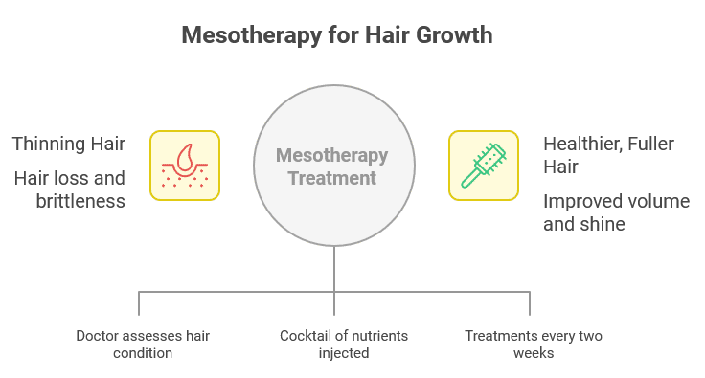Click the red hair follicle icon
tap(185, 166)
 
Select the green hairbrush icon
tap(484, 166)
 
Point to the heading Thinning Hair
tap(69, 145)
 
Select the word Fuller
tap(652, 145)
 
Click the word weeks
tap(533, 353)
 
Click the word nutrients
tap(375, 336)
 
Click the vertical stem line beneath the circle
tap(334, 267)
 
